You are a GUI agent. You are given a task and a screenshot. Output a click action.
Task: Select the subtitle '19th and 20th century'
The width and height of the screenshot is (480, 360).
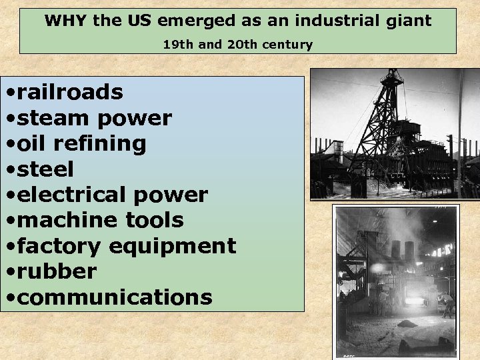tap(238, 45)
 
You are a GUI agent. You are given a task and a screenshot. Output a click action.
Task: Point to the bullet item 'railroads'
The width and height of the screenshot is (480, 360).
tap(70, 92)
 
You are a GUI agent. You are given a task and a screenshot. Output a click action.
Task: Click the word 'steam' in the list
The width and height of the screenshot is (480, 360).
tap(54, 118)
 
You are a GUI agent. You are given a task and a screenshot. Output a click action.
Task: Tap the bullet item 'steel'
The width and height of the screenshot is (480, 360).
tap(45, 169)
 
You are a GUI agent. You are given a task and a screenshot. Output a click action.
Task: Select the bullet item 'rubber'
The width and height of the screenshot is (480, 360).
tap(57, 271)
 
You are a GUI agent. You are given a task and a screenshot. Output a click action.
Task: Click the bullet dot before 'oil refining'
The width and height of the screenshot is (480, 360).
tap(10, 144)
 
